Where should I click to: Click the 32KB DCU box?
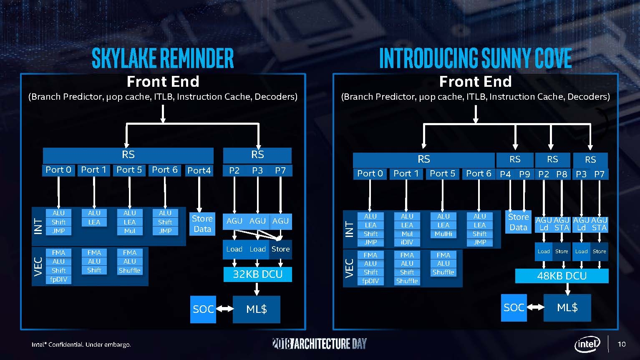(x=257, y=274)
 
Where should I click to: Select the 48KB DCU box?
(x=562, y=276)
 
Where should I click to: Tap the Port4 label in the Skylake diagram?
(x=199, y=170)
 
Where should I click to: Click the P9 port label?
(x=524, y=174)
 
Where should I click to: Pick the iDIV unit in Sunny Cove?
(x=407, y=242)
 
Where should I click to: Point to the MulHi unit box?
(x=443, y=234)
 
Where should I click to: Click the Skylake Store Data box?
(x=202, y=224)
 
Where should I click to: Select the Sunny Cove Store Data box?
(x=518, y=222)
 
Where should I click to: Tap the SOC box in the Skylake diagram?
(x=203, y=309)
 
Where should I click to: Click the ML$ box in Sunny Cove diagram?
(x=567, y=307)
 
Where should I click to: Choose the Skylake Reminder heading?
(x=163, y=58)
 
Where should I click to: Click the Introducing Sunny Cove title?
(x=475, y=58)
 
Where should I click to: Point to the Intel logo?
(x=587, y=344)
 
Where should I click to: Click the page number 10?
(x=621, y=344)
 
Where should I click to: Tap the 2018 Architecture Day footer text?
(x=319, y=344)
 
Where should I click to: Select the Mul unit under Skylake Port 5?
(x=129, y=231)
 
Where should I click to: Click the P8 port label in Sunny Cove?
(x=562, y=174)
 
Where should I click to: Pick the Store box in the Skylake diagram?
(x=280, y=249)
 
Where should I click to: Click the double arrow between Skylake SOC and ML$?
(x=224, y=309)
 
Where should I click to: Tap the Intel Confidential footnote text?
(x=81, y=345)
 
